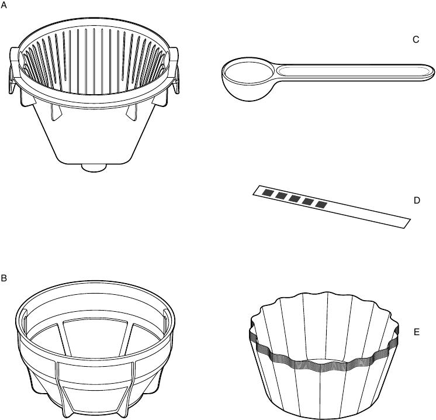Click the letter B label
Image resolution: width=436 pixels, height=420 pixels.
pyautogui.click(x=4, y=278)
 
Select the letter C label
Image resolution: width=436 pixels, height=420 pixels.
pyautogui.click(x=416, y=40)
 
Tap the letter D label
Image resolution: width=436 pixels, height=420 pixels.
pyautogui.click(x=417, y=200)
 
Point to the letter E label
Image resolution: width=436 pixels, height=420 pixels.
pyautogui.click(x=417, y=332)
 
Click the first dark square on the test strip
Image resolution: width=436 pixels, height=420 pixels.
pyautogui.click(x=267, y=192)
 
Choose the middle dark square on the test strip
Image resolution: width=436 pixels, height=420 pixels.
pyautogui.click(x=294, y=198)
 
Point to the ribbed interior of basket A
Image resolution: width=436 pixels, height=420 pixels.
pyautogui.click(x=94, y=58)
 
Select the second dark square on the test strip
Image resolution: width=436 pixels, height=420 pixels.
pyautogui.click(x=281, y=195)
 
